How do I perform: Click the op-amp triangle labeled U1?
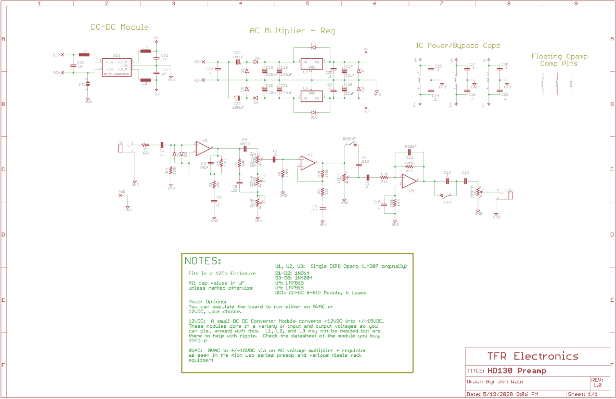coord(203,149)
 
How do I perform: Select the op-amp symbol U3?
coord(409,181)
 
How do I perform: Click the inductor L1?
coord(84,54)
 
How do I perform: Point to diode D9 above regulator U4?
coord(313,48)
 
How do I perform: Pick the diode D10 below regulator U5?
coord(313,112)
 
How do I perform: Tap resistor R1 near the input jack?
coord(146,145)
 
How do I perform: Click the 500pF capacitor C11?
coord(409,152)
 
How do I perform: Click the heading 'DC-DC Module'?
coord(120,27)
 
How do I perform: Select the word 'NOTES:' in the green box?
coord(203,261)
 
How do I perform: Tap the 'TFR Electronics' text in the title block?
coord(533,356)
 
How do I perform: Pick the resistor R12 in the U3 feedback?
coord(409,166)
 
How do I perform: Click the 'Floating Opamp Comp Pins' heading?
coord(554,60)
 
